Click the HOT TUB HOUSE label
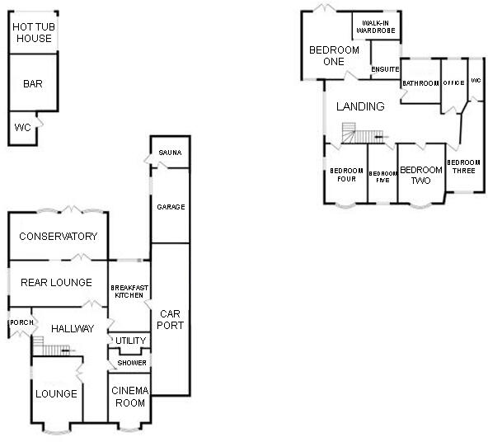tap(32, 33)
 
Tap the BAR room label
tap(33, 83)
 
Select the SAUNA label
tap(170, 153)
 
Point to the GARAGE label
tap(170, 207)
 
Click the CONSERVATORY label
tap(59, 237)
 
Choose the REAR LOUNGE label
tap(57, 283)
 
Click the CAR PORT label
tap(170, 319)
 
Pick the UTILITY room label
tap(130, 341)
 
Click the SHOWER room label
tap(131, 363)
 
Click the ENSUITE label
tap(385, 69)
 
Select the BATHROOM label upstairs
tap(420, 83)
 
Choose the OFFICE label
tap(453, 83)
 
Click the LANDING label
tap(360, 106)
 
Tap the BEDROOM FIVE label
tap(382, 176)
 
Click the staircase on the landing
tap(364, 134)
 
